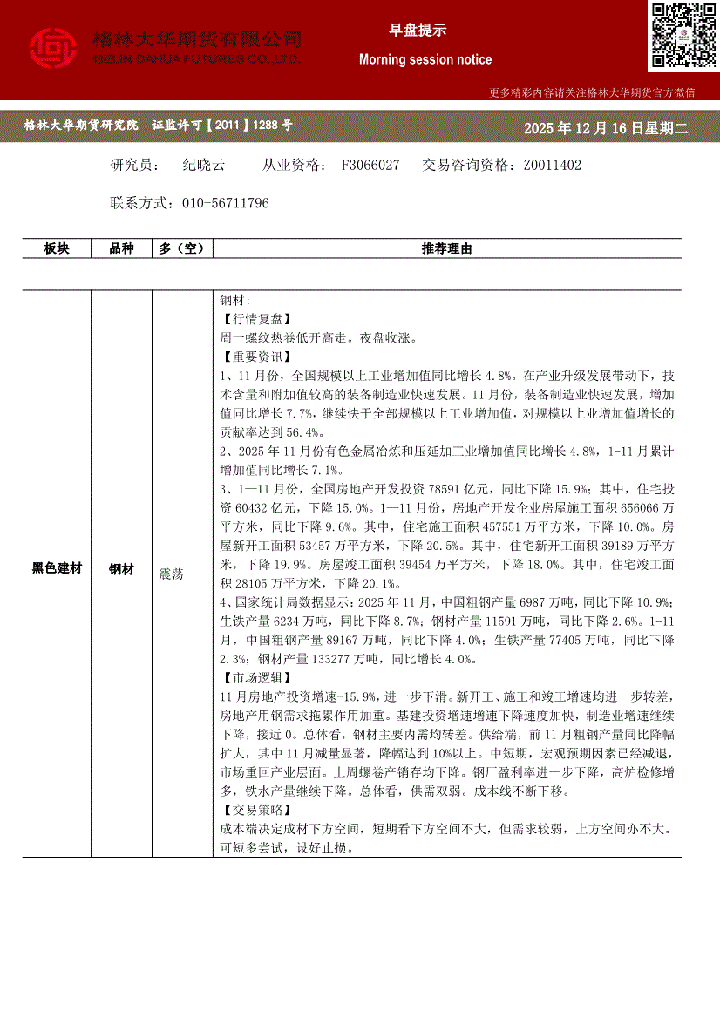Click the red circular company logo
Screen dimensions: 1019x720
click(54, 48)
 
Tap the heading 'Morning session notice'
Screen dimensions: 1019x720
click(425, 60)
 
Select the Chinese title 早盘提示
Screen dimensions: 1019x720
click(418, 31)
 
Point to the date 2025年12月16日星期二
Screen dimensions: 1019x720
click(606, 128)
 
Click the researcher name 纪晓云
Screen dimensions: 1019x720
click(204, 165)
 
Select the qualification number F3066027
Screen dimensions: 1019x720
click(370, 165)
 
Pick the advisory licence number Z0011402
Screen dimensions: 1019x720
click(552, 165)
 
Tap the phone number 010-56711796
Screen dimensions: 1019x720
click(226, 203)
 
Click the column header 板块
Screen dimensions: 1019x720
click(57, 249)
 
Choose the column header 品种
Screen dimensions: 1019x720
click(121, 249)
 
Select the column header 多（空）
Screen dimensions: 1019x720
click(181, 249)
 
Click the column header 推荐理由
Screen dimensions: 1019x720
click(446, 249)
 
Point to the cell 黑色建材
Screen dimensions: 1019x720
click(57, 568)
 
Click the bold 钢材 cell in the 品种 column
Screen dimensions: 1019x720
click(121, 568)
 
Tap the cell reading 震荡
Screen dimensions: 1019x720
click(171, 574)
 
